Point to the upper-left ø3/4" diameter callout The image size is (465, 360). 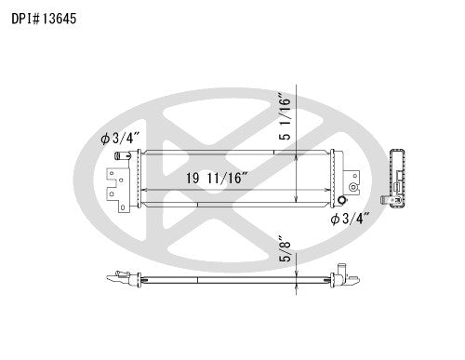[x=120, y=139]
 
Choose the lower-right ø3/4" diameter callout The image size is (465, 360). [x=351, y=220]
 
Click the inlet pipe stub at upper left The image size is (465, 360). [x=122, y=159]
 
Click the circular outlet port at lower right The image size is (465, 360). [x=342, y=201]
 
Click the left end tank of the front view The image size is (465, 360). [x=138, y=177]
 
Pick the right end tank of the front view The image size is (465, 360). [x=327, y=177]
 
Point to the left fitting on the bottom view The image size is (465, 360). [x=121, y=276]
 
